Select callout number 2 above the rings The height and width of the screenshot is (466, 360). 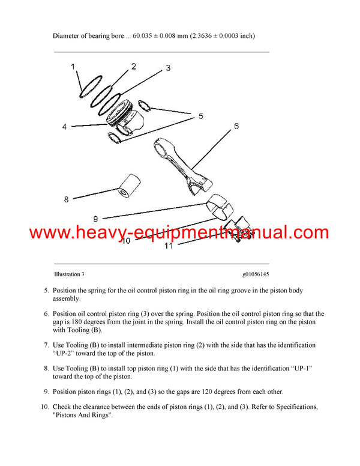[x=133, y=67]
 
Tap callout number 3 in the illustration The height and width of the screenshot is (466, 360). [x=168, y=68]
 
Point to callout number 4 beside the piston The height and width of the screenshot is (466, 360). [x=65, y=127]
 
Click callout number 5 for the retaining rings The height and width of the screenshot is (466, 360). [x=201, y=115]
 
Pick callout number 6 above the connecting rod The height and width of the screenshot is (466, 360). [x=236, y=126]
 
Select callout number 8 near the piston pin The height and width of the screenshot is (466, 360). [x=67, y=199]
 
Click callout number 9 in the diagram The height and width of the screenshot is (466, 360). [x=95, y=219]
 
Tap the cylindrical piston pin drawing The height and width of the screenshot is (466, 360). [x=127, y=186]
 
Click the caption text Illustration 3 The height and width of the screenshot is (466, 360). [x=69, y=274]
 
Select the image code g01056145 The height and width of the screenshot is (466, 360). [x=256, y=274]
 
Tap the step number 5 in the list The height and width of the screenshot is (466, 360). [x=46, y=291]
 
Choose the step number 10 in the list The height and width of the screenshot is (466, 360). [x=44, y=408]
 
